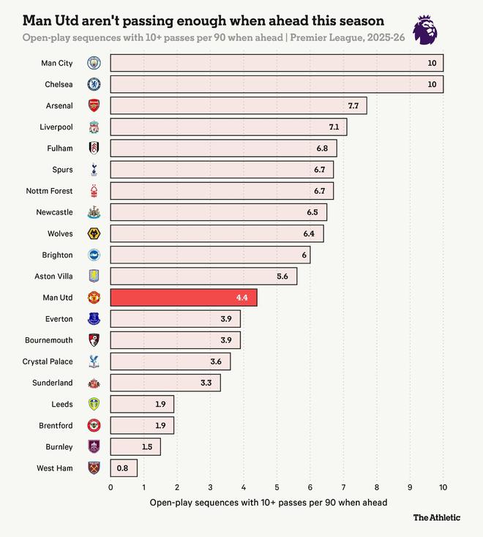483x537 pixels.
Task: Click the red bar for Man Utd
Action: pyautogui.click(x=183, y=297)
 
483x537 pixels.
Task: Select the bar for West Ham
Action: pyautogui.click(x=124, y=467)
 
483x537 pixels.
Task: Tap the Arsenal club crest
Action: pyautogui.click(x=94, y=105)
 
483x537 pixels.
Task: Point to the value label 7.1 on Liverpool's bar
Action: pyautogui.click(x=334, y=127)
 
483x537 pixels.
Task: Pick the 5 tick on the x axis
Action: pyautogui.click(x=277, y=487)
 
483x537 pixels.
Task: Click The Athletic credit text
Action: pyautogui.click(x=436, y=517)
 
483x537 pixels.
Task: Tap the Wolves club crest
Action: pyautogui.click(x=94, y=233)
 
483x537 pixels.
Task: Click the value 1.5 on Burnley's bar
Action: pyautogui.click(x=147, y=446)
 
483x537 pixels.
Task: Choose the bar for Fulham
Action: pyautogui.click(x=223, y=149)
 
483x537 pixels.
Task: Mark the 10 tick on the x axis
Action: pyautogui.click(x=443, y=487)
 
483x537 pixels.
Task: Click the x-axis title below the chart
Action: pyautogui.click(x=268, y=503)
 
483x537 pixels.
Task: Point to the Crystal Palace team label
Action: pyautogui.click(x=48, y=361)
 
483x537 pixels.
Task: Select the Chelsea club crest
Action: pyautogui.click(x=94, y=84)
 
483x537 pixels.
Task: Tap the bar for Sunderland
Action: pyautogui.click(x=165, y=383)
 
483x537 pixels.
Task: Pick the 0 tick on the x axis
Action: pyautogui.click(x=111, y=487)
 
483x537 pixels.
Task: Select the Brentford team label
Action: pyautogui.click(x=56, y=425)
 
